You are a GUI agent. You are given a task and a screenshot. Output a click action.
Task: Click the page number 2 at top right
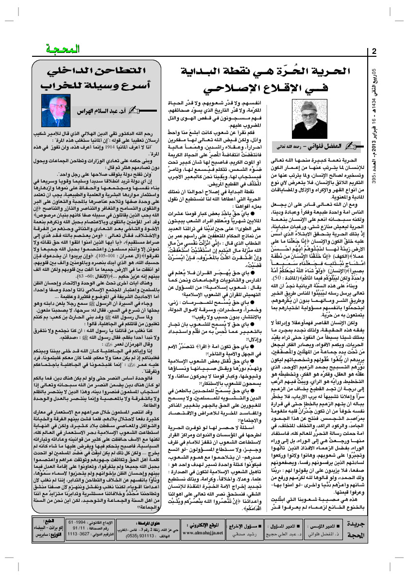pos(374,51)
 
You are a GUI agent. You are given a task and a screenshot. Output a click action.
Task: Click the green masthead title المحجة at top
pos(61,50)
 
